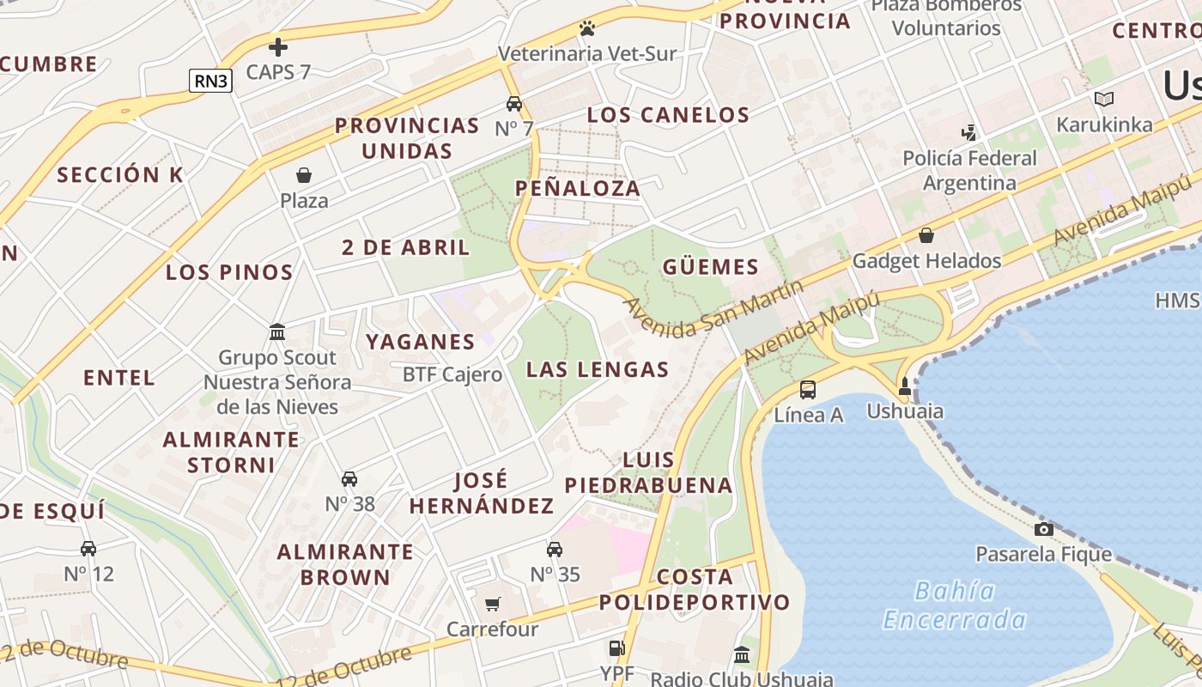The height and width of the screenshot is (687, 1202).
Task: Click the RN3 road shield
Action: coord(210,81)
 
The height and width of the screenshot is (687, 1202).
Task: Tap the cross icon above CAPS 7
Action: coord(278,46)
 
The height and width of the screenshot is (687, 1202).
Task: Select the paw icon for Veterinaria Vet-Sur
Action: coord(587,28)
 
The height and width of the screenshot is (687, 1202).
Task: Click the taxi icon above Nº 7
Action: coord(514,104)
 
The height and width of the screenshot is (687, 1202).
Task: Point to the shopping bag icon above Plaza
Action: coord(304,175)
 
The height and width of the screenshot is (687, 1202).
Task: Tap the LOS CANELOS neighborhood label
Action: coord(668,114)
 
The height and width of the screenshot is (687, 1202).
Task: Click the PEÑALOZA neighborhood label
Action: coord(578,188)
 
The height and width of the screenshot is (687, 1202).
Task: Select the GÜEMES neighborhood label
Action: coord(711,266)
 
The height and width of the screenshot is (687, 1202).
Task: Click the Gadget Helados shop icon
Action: coord(926,235)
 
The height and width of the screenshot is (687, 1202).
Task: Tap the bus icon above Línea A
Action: coord(808,390)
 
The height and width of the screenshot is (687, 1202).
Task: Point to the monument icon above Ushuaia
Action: coord(904,386)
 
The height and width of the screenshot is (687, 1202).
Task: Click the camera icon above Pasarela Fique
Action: coord(1044,529)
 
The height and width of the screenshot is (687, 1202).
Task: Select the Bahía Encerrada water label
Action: coord(955,605)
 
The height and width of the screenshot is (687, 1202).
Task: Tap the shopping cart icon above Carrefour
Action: coord(492,604)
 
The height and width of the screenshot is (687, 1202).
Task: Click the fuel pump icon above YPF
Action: coord(616,648)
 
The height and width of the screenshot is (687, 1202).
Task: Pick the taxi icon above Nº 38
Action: coord(349,478)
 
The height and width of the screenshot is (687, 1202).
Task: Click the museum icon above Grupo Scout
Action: coord(277,331)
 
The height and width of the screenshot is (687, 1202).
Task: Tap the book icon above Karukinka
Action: coord(1104,99)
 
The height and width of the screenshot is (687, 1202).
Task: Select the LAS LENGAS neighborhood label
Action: coord(597,369)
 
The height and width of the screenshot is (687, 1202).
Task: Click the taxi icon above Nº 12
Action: coord(88,548)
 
